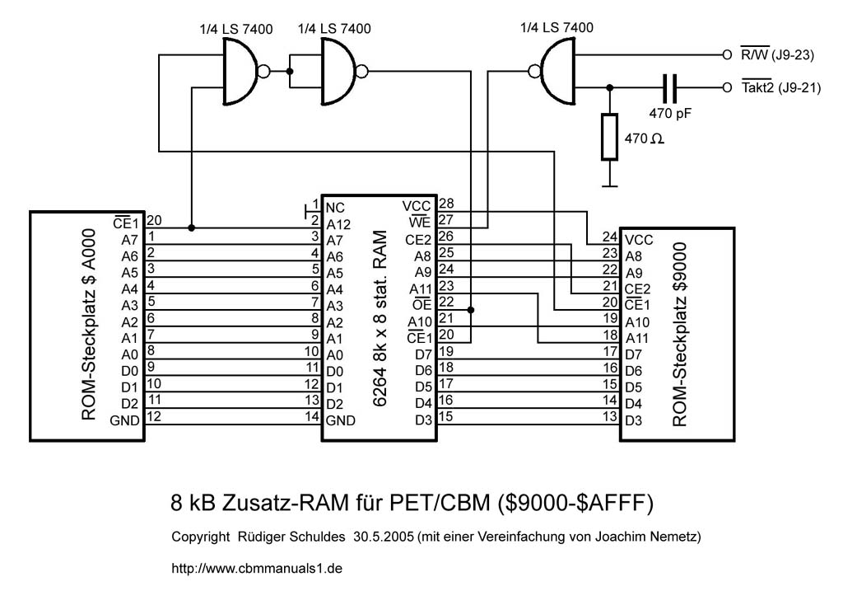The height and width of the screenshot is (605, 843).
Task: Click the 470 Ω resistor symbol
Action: coord(609,137)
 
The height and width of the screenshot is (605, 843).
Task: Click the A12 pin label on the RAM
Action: coord(339,223)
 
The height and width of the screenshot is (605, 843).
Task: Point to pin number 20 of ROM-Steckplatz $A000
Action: coord(153,220)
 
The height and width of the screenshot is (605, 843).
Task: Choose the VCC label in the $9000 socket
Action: coord(639,240)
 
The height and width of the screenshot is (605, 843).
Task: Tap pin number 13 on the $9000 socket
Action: coord(609,417)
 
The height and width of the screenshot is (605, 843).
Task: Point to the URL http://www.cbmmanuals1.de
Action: coord(257,569)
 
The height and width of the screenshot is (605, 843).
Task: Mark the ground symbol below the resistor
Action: coord(609,185)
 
